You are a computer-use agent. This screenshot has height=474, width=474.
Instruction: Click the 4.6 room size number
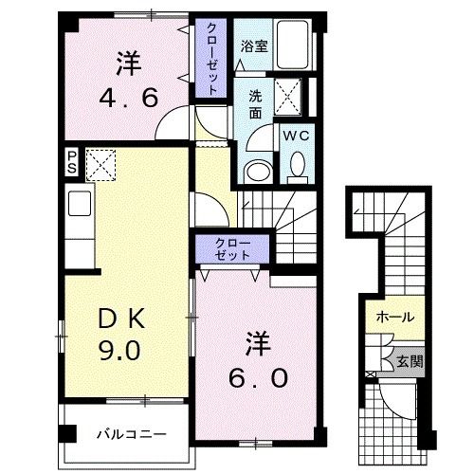pos(129,97)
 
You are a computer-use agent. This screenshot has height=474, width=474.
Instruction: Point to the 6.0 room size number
pos(255,376)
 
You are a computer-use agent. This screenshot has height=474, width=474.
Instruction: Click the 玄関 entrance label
pos(410,361)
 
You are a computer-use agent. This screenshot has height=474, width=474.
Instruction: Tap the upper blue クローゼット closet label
pos(212,58)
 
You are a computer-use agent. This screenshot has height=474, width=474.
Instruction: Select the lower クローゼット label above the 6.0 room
pos(233,249)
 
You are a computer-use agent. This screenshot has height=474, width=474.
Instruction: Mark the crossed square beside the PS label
pos(99,164)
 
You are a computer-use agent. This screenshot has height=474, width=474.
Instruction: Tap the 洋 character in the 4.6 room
pos(130,64)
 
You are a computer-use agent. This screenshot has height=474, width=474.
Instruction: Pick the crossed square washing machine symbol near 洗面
pos(288,97)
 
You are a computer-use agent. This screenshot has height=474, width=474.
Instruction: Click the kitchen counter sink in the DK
pos(79,203)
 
